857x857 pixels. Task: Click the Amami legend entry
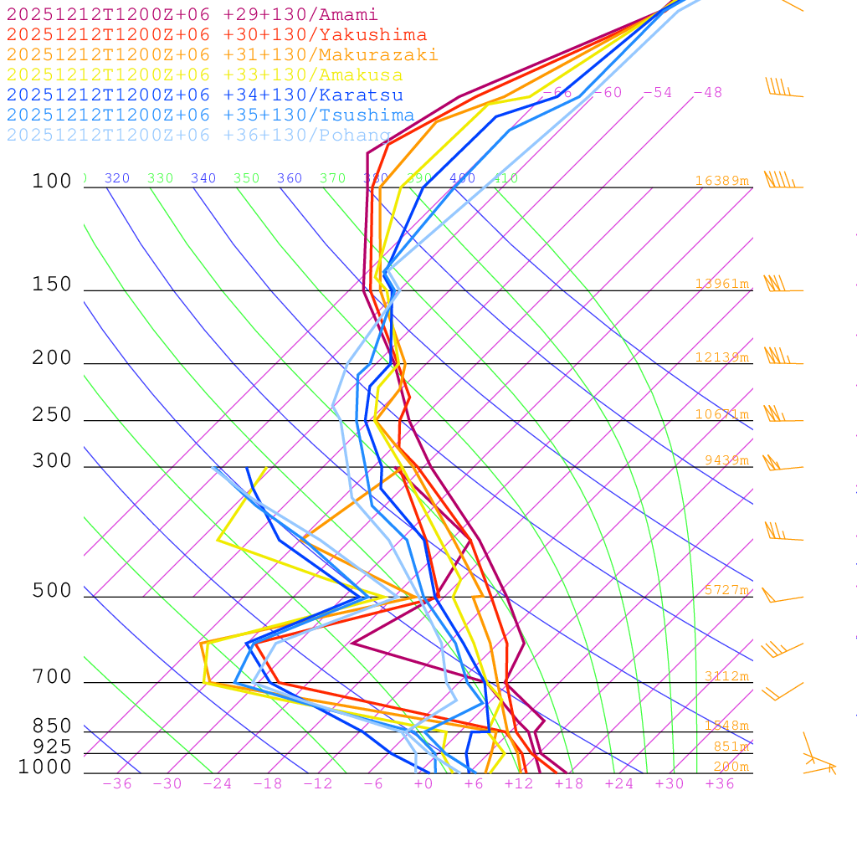tap(192, 15)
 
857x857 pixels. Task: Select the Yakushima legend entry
tap(217, 35)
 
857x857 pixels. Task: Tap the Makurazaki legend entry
tap(223, 55)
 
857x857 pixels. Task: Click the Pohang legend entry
tap(199, 136)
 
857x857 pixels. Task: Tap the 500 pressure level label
tap(52, 591)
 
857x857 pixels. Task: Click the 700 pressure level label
tap(52, 677)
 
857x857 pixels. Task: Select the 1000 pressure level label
tap(45, 767)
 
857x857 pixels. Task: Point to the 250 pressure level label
tap(52, 415)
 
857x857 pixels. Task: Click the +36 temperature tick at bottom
tap(720, 784)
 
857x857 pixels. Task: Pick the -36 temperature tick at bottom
tap(117, 784)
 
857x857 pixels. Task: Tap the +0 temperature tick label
tap(423, 784)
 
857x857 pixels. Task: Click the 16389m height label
tap(722, 181)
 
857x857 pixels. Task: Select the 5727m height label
tap(726, 590)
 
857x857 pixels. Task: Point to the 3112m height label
tap(726, 676)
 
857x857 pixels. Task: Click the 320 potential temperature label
tap(117, 178)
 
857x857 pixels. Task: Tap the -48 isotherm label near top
tap(707, 93)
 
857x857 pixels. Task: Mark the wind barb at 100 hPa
tap(781, 182)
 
